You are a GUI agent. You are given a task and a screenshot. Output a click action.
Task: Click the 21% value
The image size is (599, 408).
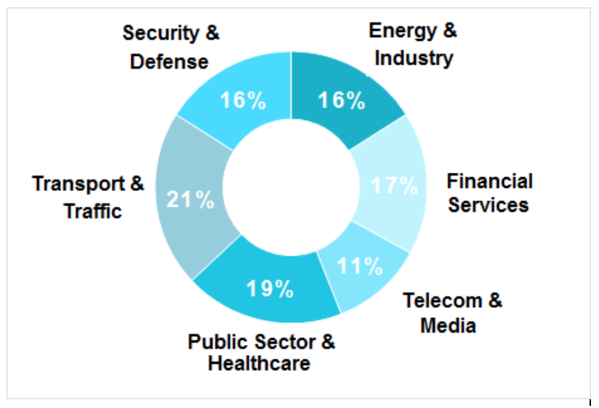pos(190,200)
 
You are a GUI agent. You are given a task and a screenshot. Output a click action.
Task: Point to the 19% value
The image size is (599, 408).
pos(270,289)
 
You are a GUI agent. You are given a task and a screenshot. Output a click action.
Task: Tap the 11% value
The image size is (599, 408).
pos(360,266)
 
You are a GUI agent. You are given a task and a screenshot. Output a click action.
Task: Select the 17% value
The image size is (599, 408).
pos(394,186)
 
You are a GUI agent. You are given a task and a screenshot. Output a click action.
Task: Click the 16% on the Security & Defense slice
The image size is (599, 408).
pos(243,100)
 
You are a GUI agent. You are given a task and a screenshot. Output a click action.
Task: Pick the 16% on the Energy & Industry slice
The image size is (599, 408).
pos(341,100)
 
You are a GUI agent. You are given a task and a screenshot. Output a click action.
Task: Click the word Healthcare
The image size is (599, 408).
pos(259,363)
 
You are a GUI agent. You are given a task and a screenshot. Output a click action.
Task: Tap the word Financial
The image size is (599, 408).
pos(489,181)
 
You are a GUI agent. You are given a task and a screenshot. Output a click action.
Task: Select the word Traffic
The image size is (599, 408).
pos(93,211)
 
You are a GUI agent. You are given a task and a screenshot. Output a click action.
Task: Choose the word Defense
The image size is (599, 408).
pos(169,61)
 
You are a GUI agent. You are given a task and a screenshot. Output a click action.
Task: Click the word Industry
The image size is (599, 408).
pos(413,57)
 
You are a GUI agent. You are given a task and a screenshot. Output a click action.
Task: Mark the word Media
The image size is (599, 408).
pos(448,325)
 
